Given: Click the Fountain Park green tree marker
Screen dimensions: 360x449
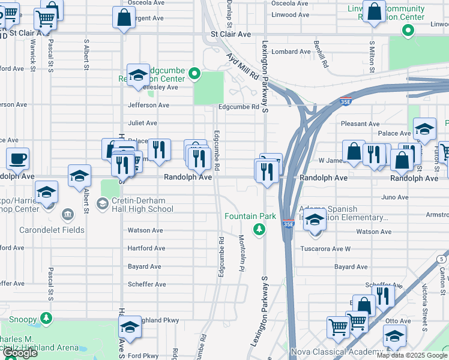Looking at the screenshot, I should tap(259, 229).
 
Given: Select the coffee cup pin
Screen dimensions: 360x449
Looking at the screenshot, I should tap(17, 159).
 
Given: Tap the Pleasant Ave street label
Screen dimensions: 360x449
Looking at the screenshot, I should tap(357, 124).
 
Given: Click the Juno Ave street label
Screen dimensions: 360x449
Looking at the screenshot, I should tap(394, 197).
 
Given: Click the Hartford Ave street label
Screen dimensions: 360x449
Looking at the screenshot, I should tap(146, 248).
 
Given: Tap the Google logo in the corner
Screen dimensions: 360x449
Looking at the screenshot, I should tap(20, 353).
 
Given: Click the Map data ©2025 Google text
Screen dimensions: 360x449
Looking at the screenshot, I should tap(411, 355).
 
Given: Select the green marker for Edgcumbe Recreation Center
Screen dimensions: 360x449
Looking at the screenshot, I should tap(194, 74).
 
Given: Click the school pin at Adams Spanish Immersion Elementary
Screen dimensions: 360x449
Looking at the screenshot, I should tap(314, 220).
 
